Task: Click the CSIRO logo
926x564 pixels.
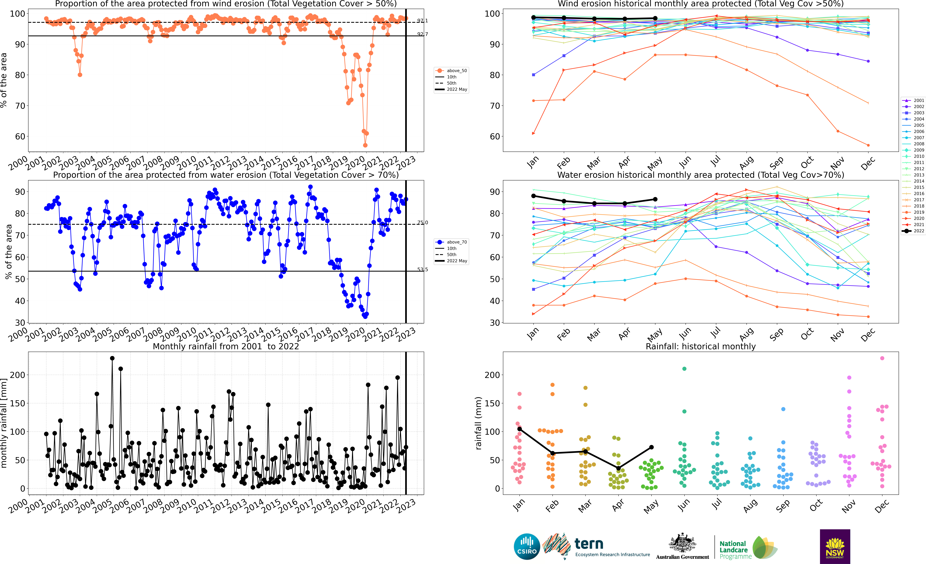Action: point(526,546)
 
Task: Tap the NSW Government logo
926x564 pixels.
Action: point(835,546)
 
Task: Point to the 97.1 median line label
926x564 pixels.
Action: point(422,21)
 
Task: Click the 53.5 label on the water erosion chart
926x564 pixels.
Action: point(422,270)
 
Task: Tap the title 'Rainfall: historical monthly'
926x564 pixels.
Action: point(701,346)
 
